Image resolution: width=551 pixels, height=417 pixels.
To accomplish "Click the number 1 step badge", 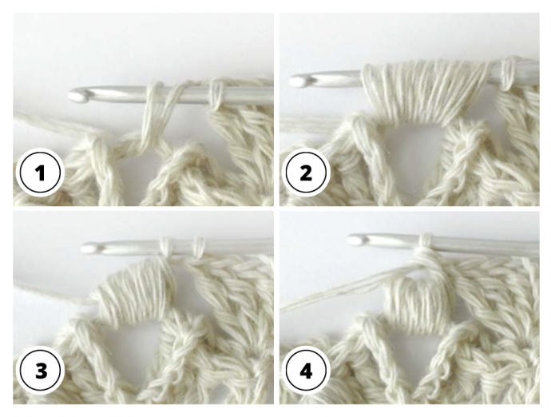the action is pos(40,173).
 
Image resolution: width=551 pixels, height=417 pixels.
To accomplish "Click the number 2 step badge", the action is pos(306,173).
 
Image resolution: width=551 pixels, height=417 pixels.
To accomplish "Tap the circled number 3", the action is pos(40,370).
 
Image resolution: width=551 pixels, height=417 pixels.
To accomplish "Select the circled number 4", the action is pos(306,370).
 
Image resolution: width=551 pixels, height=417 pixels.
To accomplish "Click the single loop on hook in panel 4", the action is pos(426,243).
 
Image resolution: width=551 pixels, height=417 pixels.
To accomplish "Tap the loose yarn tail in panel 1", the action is pos(53,123).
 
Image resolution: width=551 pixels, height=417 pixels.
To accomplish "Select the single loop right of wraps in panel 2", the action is pos(506,74).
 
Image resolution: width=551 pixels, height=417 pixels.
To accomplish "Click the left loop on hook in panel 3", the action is pos(165,246).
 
